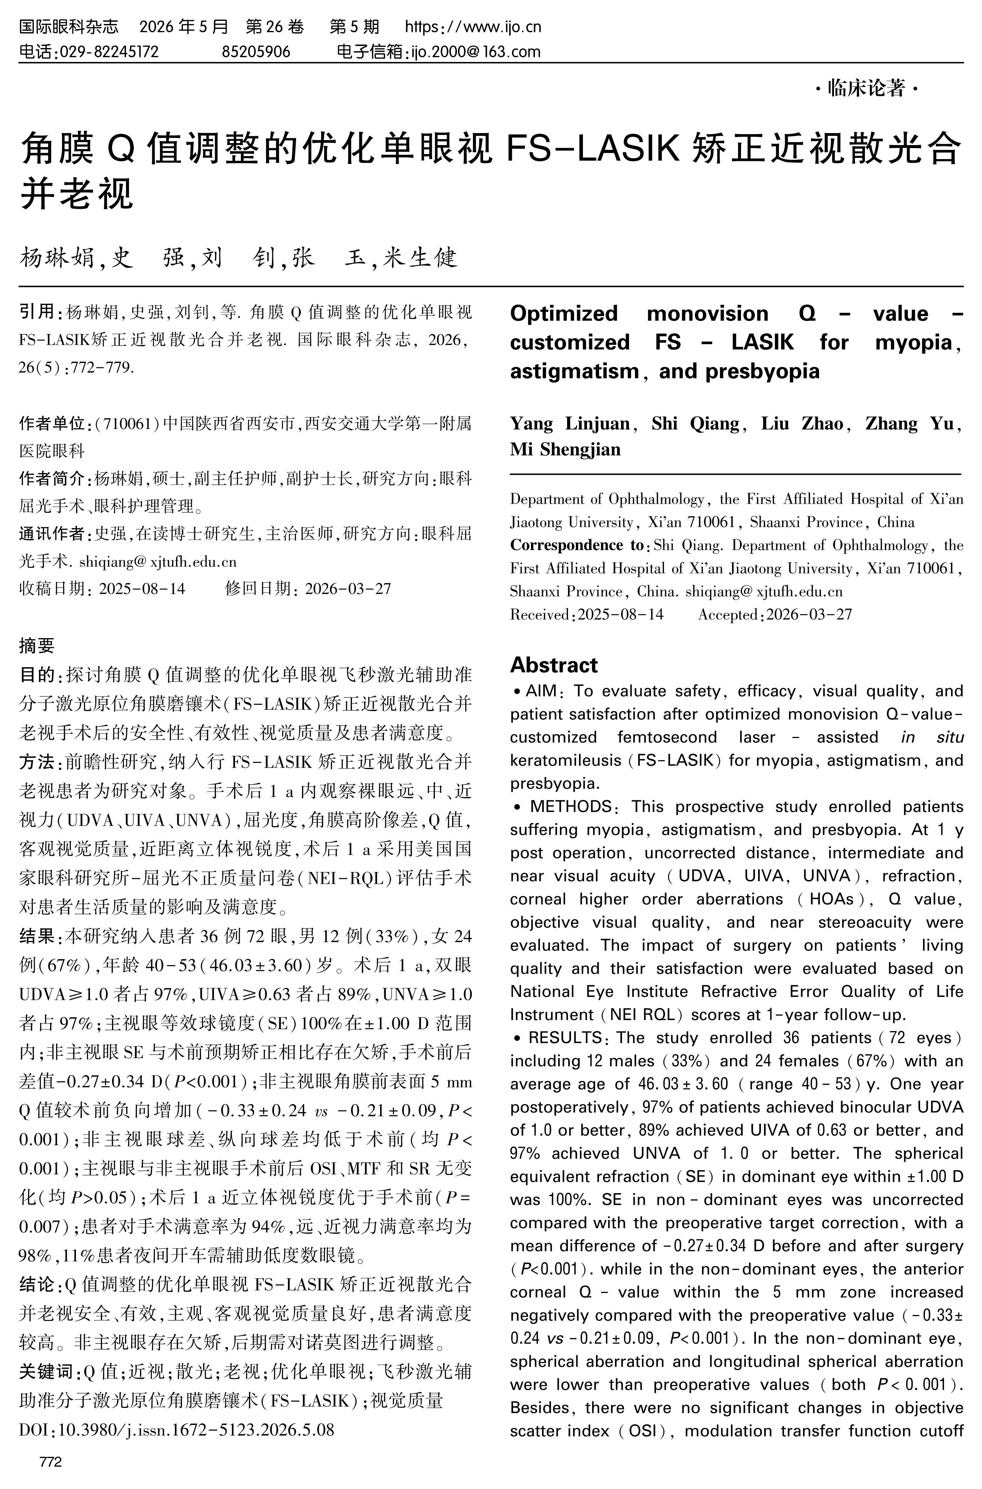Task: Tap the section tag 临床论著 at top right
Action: pos(866,89)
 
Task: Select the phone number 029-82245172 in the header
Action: pos(108,51)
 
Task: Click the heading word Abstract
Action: pos(554,665)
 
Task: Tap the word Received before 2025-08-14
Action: pos(539,615)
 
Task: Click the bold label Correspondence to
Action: pos(576,545)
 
